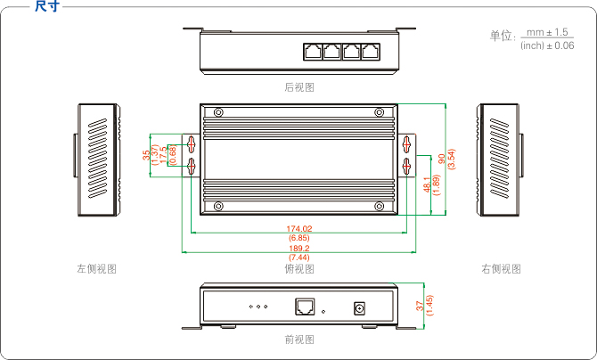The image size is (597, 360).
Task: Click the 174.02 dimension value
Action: [x=299, y=229]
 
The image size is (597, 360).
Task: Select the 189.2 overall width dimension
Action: [x=299, y=249]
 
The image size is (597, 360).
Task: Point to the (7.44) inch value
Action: [x=299, y=258]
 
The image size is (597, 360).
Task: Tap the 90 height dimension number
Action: [x=442, y=158]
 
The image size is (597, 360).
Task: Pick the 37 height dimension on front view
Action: [x=420, y=305]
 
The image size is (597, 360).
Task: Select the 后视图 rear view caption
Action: [x=299, y=87]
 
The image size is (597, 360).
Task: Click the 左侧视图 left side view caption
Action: [x=97, y=268]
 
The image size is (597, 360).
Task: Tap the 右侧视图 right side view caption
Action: [x=501, y=268]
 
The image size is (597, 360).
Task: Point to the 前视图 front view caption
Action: [x=299, y=340]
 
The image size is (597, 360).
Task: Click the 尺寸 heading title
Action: [x=46, y=7]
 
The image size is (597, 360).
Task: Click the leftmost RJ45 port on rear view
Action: [x=312, y=50]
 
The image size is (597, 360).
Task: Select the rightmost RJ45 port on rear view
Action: [x=372, y=50]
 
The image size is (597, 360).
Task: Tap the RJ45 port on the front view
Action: [x=304, y=307]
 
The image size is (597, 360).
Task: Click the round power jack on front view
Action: [x=362, y=307]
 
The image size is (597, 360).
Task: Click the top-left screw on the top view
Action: [x=218, y=112]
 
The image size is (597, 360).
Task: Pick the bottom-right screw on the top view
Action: [x=380, y=207]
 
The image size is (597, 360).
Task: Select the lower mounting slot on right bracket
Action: [x=407, y=166]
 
